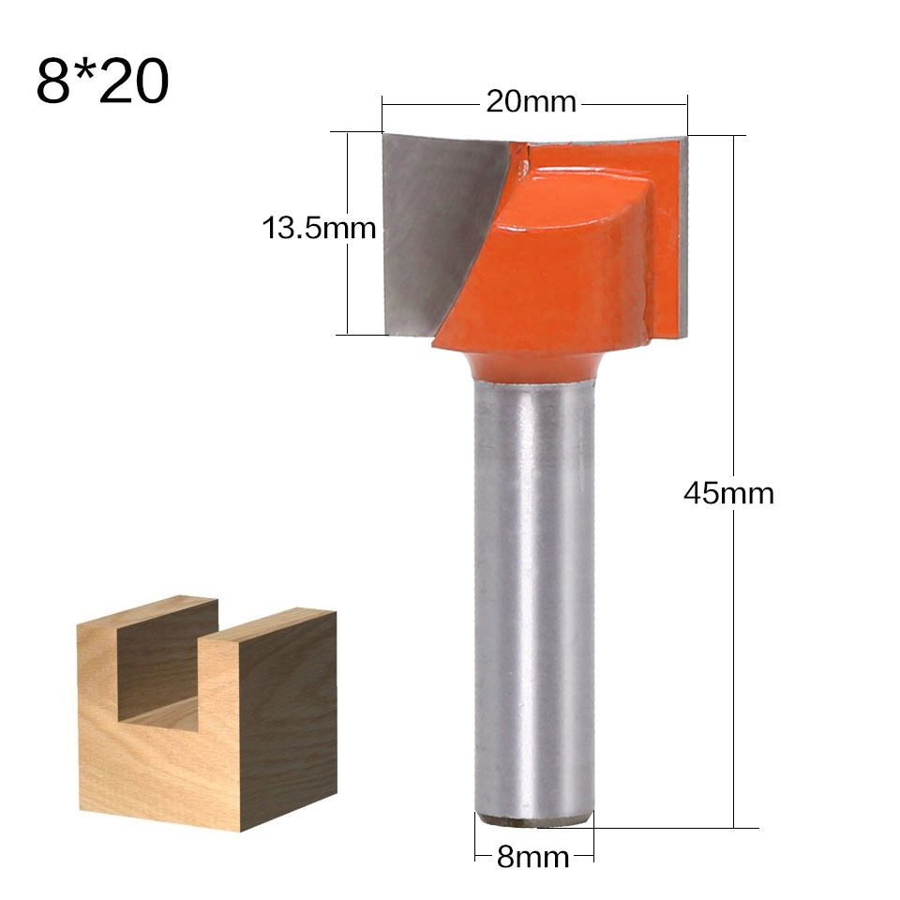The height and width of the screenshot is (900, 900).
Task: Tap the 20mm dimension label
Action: [531, 101]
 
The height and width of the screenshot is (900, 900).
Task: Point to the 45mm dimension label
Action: [728, 492]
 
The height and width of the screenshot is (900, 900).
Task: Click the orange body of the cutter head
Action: [562, 272]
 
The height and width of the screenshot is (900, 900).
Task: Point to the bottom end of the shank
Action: [532, 818]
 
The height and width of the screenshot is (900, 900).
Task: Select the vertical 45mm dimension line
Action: [733, 656]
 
